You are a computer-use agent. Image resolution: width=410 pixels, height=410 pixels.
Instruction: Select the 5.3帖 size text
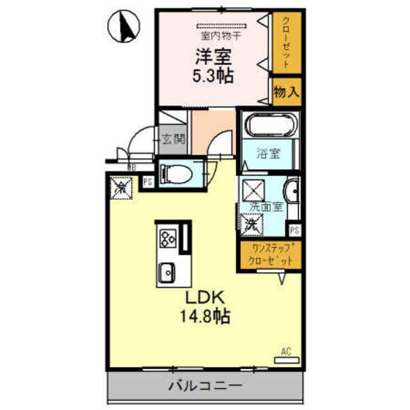[213, 76]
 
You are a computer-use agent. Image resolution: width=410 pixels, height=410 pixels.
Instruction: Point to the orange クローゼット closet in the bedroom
[286, 42]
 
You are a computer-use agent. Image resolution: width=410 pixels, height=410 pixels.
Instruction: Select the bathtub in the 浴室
[270, 125]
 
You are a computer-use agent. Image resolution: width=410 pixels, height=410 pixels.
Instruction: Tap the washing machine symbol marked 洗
[252, 225]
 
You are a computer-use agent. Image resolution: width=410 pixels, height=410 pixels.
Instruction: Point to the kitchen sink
[168, 272]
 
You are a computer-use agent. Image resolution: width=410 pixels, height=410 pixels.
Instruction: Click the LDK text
[204, 299]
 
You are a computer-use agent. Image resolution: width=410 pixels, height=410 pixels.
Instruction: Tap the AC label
[286, 350]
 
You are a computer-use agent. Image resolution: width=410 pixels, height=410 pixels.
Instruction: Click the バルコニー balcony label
[205, 386]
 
